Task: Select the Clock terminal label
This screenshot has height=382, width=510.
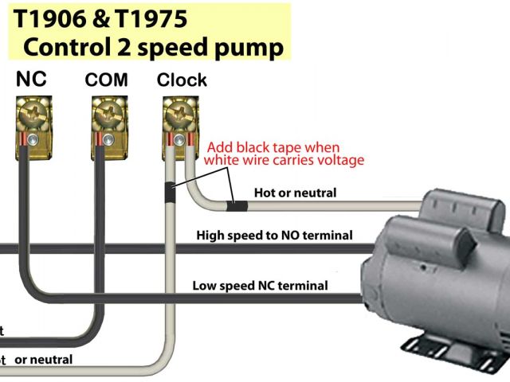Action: [182, 80]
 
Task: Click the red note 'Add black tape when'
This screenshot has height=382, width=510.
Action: [273, 148]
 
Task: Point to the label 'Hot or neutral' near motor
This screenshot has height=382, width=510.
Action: [295, 193]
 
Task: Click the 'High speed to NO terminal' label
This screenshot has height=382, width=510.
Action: [274, 236]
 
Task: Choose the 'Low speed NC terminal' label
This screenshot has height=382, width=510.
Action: [260, 286]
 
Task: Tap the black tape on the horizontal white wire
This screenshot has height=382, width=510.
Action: [237, 206]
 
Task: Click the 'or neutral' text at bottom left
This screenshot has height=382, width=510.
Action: [44, 360]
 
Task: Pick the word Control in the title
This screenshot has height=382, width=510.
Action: [66, 48]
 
